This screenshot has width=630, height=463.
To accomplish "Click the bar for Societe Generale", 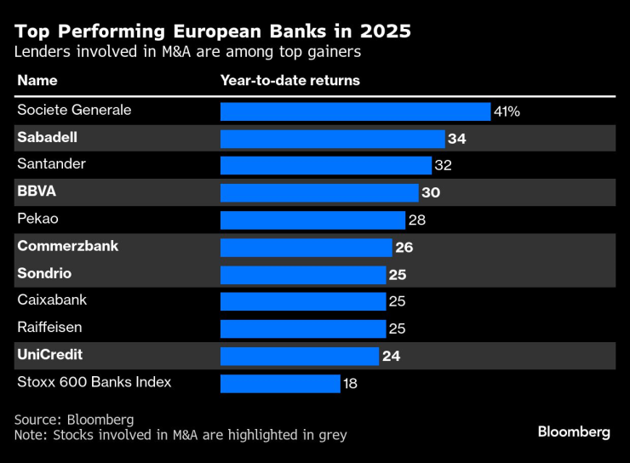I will [x=355, y=111].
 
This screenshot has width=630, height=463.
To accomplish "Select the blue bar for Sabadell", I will [x=332, y=139].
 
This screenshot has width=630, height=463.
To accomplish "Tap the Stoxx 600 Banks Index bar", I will [x=280, y=383].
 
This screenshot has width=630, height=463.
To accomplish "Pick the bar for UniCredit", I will [x=299, y=356].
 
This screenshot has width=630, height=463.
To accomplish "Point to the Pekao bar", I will [x=312, y=220].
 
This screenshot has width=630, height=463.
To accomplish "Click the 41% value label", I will [x=507, y=111].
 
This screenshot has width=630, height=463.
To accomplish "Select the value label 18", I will [x=350, y=384].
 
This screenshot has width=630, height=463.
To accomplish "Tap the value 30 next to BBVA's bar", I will [x=431, y=192].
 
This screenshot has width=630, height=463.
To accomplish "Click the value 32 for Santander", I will [x=444, y=166].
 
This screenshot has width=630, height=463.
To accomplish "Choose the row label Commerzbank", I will [x=67, y=246].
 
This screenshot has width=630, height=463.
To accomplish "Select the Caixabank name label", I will [x=52, y=300].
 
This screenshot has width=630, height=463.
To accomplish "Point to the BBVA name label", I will [x=37, y=191].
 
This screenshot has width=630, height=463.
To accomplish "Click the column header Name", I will [x=37, y=81].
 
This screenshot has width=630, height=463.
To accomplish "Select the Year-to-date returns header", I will [x=289, y=81].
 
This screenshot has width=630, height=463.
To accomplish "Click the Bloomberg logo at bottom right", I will [x=573, y=432].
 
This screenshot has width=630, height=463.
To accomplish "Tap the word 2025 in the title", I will [x=384, y=32].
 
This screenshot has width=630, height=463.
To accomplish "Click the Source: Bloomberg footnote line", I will [x=74, y=420].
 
